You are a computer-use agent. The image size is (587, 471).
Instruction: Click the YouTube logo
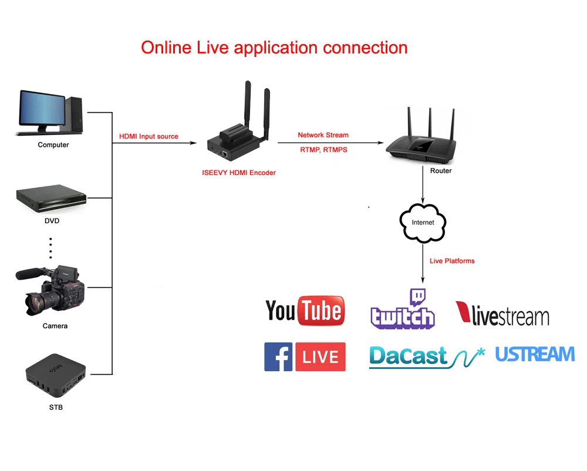(x=305, y=311)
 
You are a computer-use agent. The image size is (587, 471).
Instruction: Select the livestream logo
(x=502, y=314)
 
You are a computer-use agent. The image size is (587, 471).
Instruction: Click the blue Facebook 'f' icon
(x=278, y=356)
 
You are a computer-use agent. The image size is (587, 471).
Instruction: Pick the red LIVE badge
(x=321, y=356)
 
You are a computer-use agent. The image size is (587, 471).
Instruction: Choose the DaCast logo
(x=427, y=357)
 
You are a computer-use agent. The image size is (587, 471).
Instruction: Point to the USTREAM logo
(x=535, y=354)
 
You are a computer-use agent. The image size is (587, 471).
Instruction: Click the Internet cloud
(x=423, y=223)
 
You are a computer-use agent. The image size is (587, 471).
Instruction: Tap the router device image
(x=421, y=136)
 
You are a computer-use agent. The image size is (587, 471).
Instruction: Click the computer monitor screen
(x=42, y=109)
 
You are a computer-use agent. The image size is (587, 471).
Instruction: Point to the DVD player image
(x=51, y=199)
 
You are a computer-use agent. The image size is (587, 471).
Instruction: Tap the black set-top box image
(x=56, y=375)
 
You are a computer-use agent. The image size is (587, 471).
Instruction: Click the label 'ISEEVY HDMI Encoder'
(x=239, y=173)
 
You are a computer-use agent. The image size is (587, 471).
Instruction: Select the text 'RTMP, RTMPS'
(x=323, y=150)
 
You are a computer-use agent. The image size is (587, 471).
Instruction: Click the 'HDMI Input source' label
(x=149, y=136)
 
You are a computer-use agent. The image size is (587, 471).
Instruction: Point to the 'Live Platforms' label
(x=452, y=261)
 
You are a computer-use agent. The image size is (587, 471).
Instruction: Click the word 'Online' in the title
(x=166, y=48)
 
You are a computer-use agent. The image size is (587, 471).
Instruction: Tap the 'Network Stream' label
(x=323, y=135)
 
